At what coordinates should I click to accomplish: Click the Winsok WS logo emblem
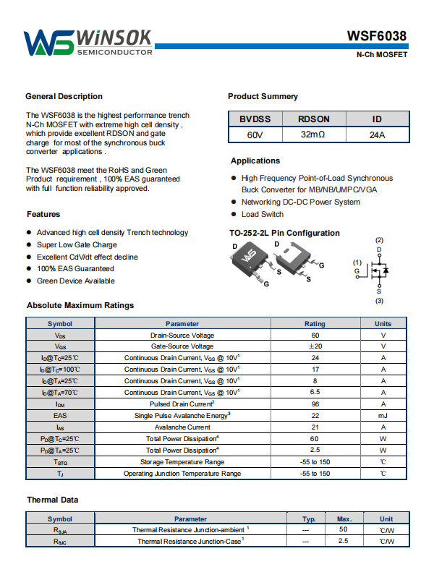pyautogui.click(x=48, y=43)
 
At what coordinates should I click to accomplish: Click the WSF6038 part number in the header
pyautogui.click(x=376, y=36)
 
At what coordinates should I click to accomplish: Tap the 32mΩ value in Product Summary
pyautogui.click(x=313, y=135)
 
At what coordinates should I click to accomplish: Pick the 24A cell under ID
pyautogui.click(x=377, y=135)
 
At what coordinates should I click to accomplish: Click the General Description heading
pyautogui.click(x=64, y=96)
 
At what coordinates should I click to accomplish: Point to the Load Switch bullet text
pyautogui.click(x=263, y=214)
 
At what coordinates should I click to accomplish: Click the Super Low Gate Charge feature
pyautogui.click(x=77, y=245)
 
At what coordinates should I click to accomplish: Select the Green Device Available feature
pyautogui.click(x=75, y=281)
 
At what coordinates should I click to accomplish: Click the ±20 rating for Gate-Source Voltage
pyautogui.click(x=315, y=346)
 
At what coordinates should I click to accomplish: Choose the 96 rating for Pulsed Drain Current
pyautogui.click(x=315, y=404)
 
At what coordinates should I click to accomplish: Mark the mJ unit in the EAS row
pyautogui.click(x=383, y=416)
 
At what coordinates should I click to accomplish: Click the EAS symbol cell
pyautogui.click(x=60, y=416)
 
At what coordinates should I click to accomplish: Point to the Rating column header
pyautogui.click(x=315, y=324)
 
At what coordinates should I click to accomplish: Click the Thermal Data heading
pyautogui.click(x=53, y=500)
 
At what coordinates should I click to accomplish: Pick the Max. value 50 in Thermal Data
pyautogui.click(x=343, y=530)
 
